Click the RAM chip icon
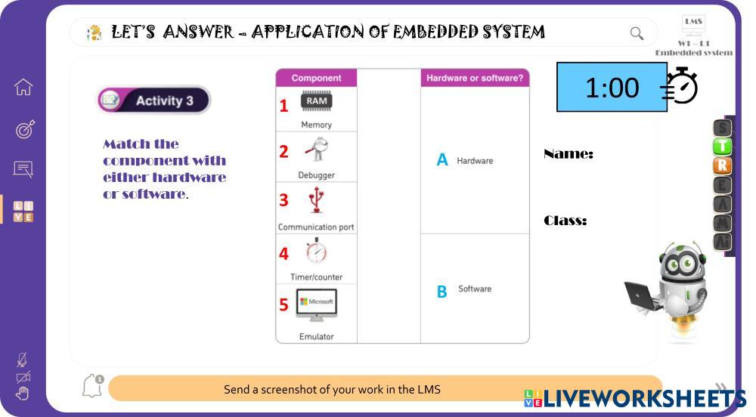tap(317, 101)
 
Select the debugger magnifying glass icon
tap(316, 149)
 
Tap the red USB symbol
tap(317, 200)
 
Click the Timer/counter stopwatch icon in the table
tap(316, 251)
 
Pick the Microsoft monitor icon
tap(316, 304)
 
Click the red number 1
tap(283, 106)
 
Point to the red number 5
tap(283, 304)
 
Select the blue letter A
tap(442, 160)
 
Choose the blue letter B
tap(442, 291)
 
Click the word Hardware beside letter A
tap(475, 161)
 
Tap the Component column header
tap(316, 78)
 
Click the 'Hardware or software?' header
tap(475, 78)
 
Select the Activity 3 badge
tap(153, 100)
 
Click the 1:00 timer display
tap(612, 88)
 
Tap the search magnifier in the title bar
tap(637, 33)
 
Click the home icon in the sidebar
tap(23, 88)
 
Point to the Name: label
tap(568, 154)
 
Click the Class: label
tap(565, 221)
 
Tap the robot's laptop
tap(643, 295)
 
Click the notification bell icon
tap(91, 386)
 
